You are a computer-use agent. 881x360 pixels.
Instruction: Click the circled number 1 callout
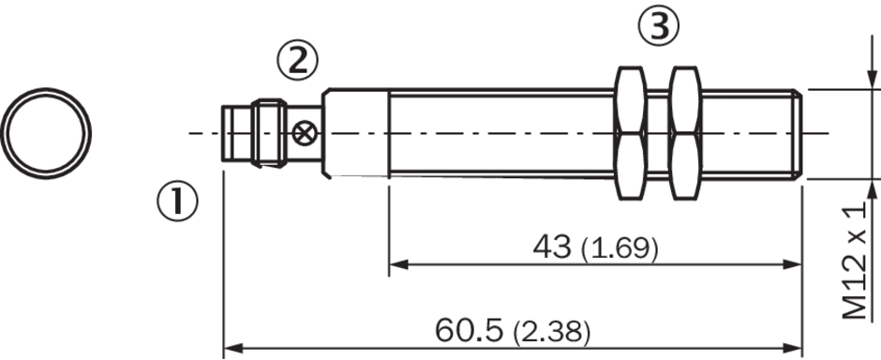tap(177, 202)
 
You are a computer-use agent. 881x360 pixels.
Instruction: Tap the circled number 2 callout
tap(297, 61)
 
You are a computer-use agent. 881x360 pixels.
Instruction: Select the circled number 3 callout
tap(659, 26)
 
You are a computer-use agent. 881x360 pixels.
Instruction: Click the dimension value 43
tap(552, 247)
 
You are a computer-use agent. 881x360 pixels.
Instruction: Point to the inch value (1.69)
tap(620, 248)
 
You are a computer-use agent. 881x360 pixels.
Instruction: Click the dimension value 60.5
tap(469, 331)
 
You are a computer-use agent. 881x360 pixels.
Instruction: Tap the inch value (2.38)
tap(551, 333)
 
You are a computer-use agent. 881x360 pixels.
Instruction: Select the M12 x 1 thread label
tap(859, 261)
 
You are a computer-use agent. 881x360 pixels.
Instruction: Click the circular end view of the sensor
tap(46, 134)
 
